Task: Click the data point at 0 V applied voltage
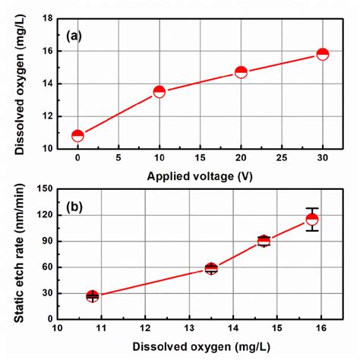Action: (77, 136)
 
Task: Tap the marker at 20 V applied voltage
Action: (241, 72)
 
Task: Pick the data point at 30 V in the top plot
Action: (322, 54)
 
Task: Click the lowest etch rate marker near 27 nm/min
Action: (93, 296)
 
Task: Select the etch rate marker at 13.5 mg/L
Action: (211, 268)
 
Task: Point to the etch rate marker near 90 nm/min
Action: (264, 242)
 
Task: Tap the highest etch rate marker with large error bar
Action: (312, 219)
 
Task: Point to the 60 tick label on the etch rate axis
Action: (46, 267)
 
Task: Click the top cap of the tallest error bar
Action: (312, 208)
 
